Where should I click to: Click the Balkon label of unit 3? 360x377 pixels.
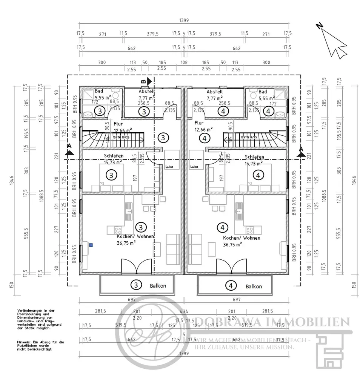click(x=158, y=286)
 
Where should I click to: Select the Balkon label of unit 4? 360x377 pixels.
click(x=254, y=286)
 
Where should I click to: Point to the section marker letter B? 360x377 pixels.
click(x=143, y=81)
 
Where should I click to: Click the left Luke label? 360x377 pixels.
click(x=169, y=166)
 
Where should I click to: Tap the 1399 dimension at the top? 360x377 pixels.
click(x=184, y=21)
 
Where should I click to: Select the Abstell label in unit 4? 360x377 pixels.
click(x=214, y=92)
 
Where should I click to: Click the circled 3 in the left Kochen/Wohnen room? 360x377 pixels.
click(x=140, y=227)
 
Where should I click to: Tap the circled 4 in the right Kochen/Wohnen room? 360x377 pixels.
click(x=222, y=227)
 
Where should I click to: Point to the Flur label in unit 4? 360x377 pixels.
click(x=199, y=123)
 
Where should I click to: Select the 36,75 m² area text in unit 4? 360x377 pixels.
click(x=232, y=244)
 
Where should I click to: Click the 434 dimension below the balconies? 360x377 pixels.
click(x=184, y=311)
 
